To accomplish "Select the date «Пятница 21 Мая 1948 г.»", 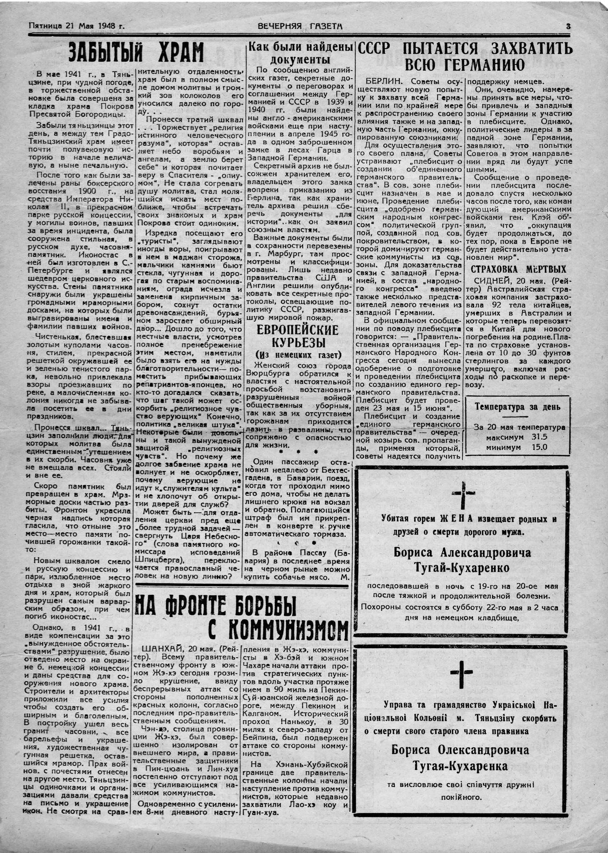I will [76, 26].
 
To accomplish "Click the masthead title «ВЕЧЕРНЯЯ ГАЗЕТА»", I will [300, 26].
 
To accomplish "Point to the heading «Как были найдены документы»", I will [300, 53].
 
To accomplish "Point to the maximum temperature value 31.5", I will [539, 437].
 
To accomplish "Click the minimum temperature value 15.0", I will [539, 447].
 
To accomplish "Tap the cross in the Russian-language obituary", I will [463, 494].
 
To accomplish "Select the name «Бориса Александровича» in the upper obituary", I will [462, 553].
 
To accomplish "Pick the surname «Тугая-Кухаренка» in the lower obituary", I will [460, 766].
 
